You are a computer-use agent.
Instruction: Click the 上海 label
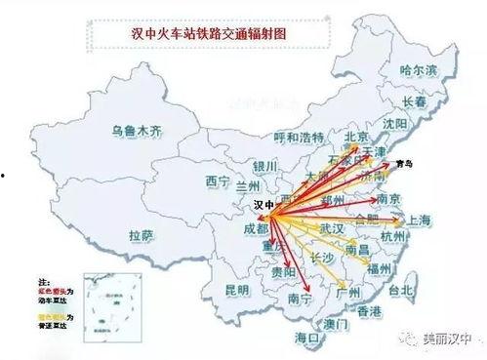[419, 220]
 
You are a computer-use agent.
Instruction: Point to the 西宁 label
[216, 180]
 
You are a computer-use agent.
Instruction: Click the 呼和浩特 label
[299, 137]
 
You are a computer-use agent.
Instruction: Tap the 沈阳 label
[395, 125]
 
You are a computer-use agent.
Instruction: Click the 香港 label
[369, 311]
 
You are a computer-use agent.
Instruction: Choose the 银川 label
[265, 165]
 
